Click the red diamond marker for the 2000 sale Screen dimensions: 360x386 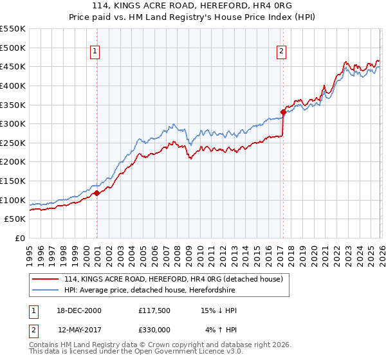coord(96,193)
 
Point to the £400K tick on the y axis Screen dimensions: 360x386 coord(13,85)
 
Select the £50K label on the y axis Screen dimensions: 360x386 coord(15,219)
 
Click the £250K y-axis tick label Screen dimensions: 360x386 coord(13,143)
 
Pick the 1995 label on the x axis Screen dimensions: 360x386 coord(30,253)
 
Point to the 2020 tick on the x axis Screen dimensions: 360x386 coord(313,253)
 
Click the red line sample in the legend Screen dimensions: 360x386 coord(46,279)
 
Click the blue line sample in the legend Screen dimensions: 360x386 coord(46,290)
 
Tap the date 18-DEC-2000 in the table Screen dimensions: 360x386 coord(79,310)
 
